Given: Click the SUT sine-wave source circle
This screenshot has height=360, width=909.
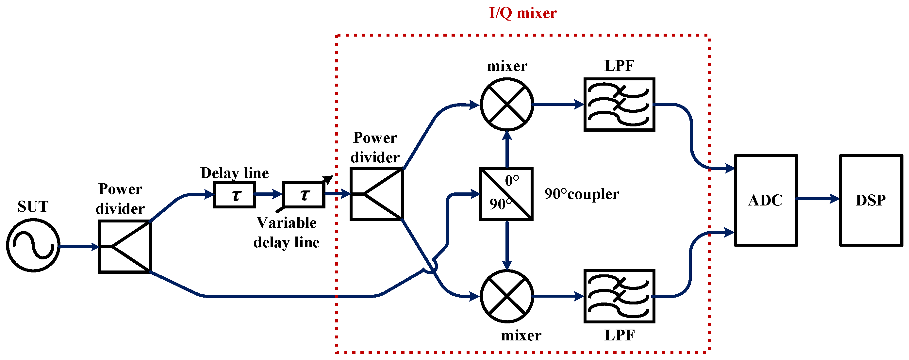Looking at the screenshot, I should tap(33, 245).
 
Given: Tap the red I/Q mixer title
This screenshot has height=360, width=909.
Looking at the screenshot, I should tap(522, 13).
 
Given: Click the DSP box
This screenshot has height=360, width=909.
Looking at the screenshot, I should tap(870, 200).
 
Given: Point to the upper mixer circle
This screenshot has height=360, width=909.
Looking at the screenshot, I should tap(507, 105).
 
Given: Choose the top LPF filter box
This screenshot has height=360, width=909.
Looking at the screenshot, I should tap(619, 105).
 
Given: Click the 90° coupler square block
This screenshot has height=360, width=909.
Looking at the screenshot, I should tap(506, 194).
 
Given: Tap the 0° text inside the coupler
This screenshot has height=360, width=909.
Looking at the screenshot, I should tap(512, 181).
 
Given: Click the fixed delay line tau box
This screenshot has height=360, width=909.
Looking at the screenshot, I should tap(235, 195).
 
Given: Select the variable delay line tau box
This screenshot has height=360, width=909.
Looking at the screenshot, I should tap(304, 195).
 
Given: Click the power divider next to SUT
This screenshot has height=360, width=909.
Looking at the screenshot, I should tap(125, 246).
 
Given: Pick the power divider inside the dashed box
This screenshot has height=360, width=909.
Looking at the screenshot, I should tap(376, 194).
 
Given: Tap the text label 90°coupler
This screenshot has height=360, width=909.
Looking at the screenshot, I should tap(582, 194).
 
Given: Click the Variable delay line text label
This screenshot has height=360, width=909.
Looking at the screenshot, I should tap(286, 232).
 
